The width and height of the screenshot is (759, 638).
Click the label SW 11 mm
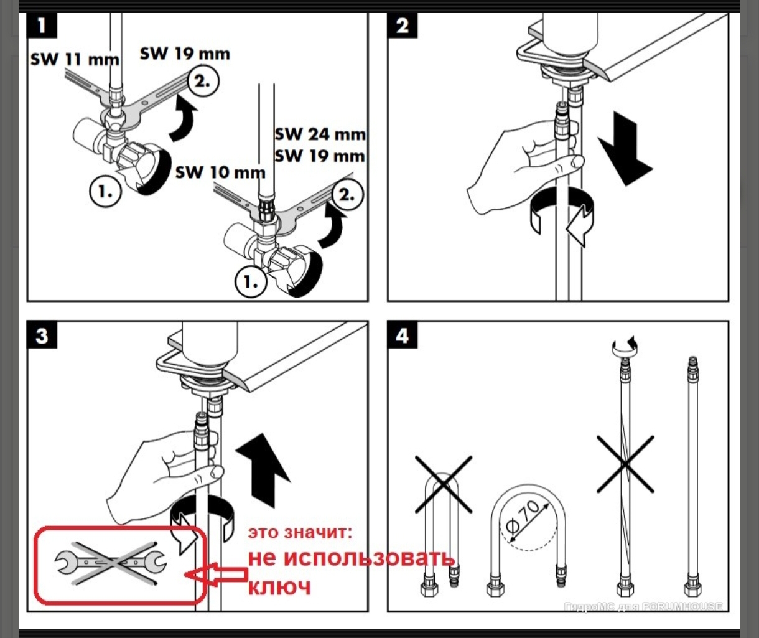(x=75, y=60)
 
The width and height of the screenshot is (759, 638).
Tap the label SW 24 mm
(x=320, y=134)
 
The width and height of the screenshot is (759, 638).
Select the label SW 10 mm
(x=220, y=172)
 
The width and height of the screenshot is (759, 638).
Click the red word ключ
(x=279, y=586)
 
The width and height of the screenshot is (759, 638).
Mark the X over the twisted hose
(x=625, y=464)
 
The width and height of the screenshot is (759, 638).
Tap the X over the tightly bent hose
(x=444, y=484)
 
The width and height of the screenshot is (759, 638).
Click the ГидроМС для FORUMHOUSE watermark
(x=643, y=606)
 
